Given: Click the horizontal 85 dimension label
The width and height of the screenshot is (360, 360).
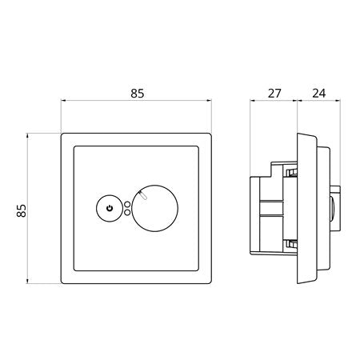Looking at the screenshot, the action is pos(138,94).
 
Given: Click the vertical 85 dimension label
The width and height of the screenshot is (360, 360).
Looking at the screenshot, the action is pos(22,210).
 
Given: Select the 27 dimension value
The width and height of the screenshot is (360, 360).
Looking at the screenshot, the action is pos(274,94).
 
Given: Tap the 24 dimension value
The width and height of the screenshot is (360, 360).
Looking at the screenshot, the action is pos(319,94).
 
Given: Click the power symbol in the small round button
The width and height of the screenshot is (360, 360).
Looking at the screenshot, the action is pos(110,208).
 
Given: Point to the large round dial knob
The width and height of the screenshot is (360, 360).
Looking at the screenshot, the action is pos(154,208).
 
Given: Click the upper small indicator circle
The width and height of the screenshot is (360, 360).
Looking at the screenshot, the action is pos(127,205).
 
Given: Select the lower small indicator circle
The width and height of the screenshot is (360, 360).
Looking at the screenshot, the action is pos(127,212).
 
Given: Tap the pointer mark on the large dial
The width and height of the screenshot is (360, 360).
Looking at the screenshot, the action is pos(142,195).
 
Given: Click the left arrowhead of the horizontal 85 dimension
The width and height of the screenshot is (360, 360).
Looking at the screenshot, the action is pos(63,101).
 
